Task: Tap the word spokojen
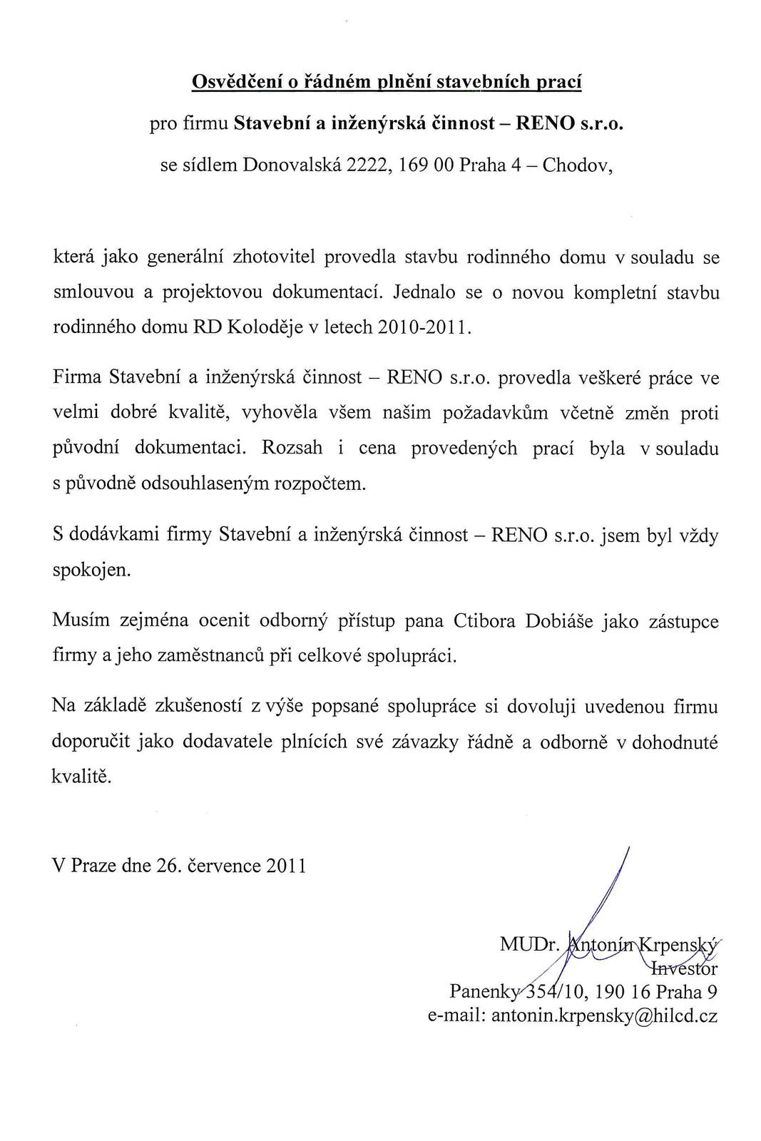tap(91, 570)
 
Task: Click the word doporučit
tap(91, 742)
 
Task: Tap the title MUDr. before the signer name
tap(528, 944)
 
